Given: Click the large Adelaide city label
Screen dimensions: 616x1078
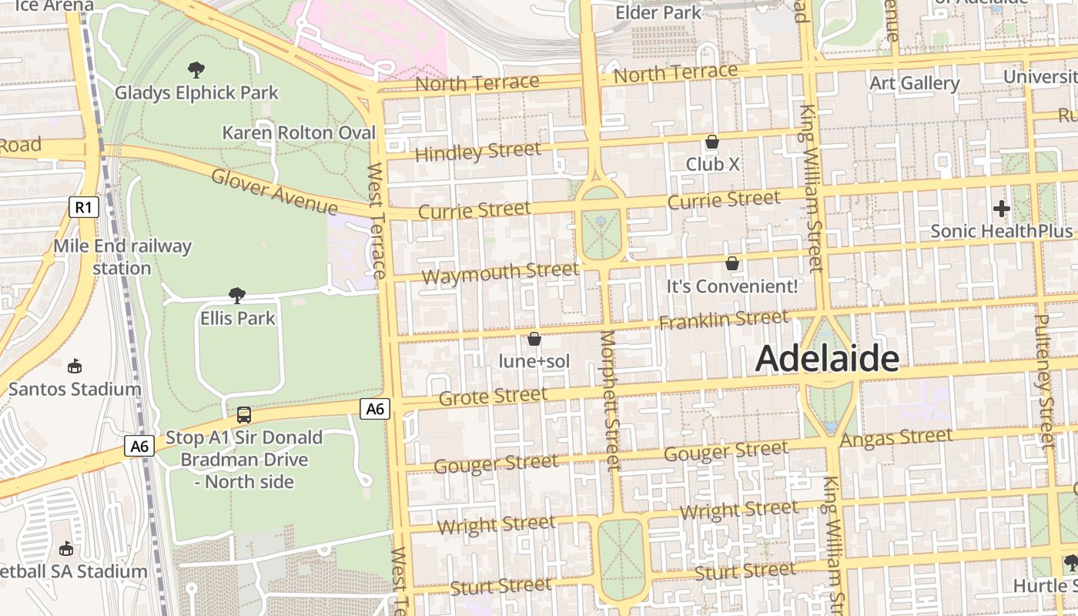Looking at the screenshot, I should (827, 359).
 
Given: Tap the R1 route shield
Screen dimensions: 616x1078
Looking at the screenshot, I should (83, 206).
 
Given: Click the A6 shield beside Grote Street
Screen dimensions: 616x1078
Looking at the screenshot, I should (375, 409).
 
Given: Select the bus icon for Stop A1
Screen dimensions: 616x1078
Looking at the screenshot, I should (244, 415).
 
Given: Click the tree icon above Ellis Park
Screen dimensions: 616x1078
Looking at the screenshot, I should (237, 295).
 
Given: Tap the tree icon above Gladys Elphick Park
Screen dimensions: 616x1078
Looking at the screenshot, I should (196, 70).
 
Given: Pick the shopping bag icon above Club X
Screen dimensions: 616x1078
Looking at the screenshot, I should (712, 142).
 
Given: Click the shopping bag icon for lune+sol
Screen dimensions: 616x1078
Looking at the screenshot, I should (534, 339).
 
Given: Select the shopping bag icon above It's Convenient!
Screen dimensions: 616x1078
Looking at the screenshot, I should (732, 263).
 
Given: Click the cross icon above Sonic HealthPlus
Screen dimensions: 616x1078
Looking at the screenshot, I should (1001, 208).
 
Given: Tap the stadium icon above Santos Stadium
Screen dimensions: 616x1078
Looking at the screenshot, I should (75, 366).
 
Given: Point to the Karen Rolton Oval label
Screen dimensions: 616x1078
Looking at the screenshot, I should (299, 132).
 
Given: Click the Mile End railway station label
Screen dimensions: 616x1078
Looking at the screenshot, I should (122, 257).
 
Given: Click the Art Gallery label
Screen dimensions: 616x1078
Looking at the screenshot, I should (914, 83).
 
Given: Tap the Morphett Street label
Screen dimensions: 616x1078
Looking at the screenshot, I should (609, 400).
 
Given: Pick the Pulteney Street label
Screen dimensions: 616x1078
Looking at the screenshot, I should (1044, 381).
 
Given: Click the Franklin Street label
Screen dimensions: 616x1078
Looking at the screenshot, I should (724, 319).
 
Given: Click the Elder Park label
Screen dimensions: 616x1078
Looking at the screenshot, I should (658, 12).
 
